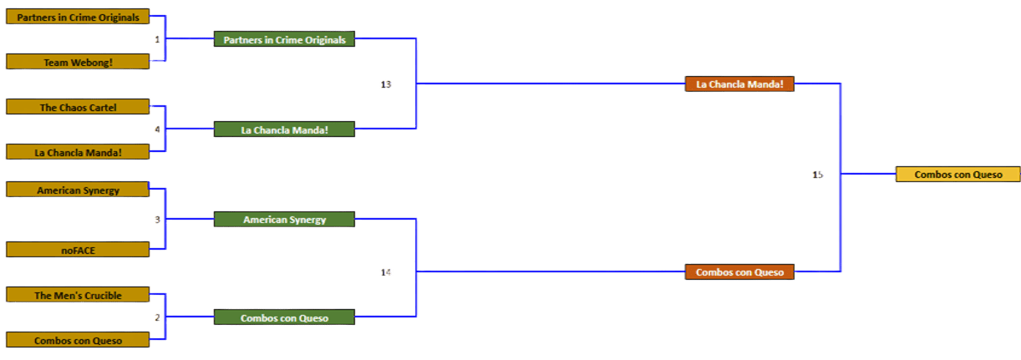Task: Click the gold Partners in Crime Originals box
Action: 78,17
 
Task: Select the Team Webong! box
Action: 78,61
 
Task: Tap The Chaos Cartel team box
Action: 78,107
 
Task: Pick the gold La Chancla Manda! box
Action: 78,152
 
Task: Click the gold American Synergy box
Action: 78,190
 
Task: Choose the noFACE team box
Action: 78,249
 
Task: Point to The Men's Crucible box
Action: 78,295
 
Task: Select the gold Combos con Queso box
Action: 78,340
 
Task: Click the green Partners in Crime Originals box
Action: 284,39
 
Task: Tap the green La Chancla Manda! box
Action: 284,129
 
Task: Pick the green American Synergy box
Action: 284,220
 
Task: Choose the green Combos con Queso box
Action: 284,317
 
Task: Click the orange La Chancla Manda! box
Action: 739,84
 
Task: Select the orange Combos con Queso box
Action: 739,272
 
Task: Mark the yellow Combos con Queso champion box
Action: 958,175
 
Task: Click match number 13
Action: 385,84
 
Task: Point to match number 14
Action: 385,272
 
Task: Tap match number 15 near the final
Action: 816,175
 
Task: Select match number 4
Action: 157,129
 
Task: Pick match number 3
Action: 157,220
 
